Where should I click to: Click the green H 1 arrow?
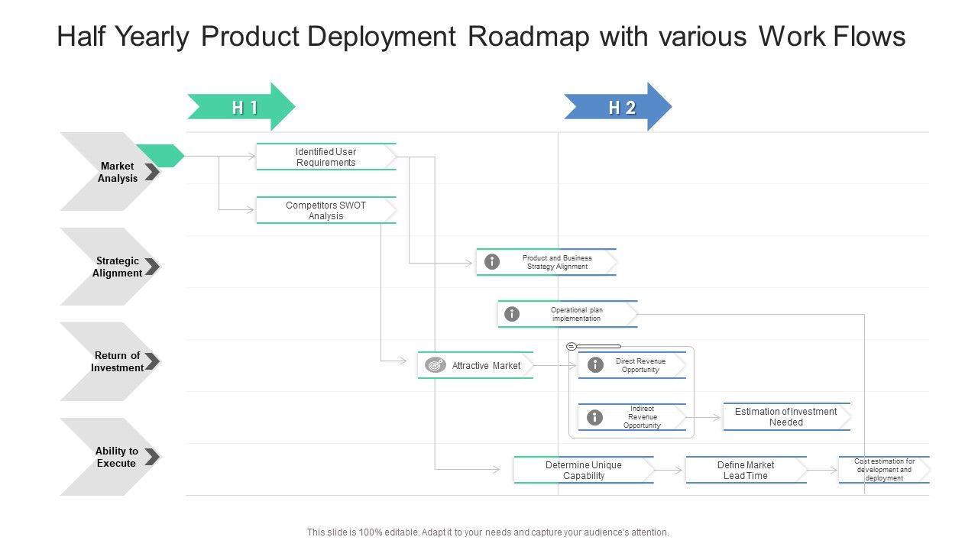click(241, 107)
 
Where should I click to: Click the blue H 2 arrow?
click(617, 107)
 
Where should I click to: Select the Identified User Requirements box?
click(326, 157)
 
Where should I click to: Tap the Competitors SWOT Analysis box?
click(326, 210)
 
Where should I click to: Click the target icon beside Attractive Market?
click(436, 365)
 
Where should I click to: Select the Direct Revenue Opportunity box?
click(640, 365)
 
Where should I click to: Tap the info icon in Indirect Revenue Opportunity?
click(594, 417)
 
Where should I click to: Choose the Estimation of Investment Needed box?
click(786, 416)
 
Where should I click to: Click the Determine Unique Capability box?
click(584, 470)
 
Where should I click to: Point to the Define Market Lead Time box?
click(746, 470)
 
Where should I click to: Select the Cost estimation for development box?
click(884, 470)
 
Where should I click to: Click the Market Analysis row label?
click(118, 172)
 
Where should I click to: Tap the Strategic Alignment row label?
click(118, 267)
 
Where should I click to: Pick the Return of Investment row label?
click(118, 361)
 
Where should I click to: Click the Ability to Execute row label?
click(117, 457)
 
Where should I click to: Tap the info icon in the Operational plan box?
click(512, 314)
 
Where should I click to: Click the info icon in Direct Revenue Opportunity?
click(594, 365)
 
